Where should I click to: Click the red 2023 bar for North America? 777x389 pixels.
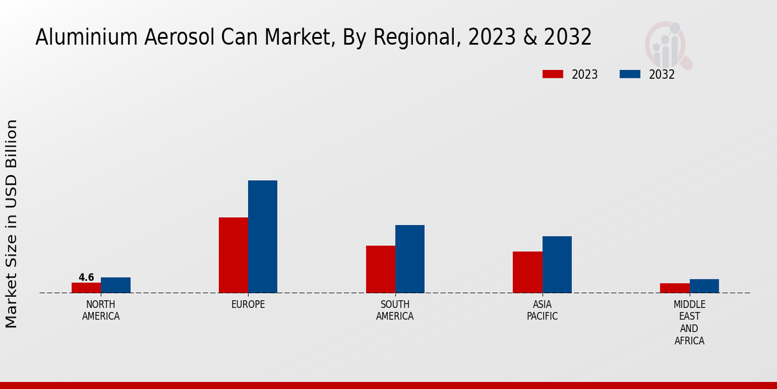point(86,288)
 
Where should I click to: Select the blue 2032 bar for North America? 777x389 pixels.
point(116,285)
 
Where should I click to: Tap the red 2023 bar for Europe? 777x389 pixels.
point(233,255)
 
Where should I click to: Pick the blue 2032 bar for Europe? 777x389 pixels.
point(263,237)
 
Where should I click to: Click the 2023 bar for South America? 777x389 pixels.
point(381,269)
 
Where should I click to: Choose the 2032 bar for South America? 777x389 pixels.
point(410,259)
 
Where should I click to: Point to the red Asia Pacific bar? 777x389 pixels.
point(528,272)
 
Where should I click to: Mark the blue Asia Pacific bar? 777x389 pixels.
point(557,265)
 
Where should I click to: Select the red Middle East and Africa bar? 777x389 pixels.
point(675,288)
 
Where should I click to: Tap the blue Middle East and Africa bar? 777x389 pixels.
point(704,286)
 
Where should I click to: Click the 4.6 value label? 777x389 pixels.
point(86,277)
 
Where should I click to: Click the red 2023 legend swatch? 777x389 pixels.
point(553,74)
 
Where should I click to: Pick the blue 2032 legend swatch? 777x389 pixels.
point(630,74)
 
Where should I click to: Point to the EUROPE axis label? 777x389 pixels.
point(248,304)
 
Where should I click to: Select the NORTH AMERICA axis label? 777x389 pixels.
point(101,310)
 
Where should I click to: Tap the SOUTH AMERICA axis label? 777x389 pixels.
point(395,310)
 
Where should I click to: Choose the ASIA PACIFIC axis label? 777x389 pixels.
point(542,310)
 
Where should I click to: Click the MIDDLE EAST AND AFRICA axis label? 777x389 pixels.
point(690,322)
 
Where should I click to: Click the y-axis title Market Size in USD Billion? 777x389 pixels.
point(12,224)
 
